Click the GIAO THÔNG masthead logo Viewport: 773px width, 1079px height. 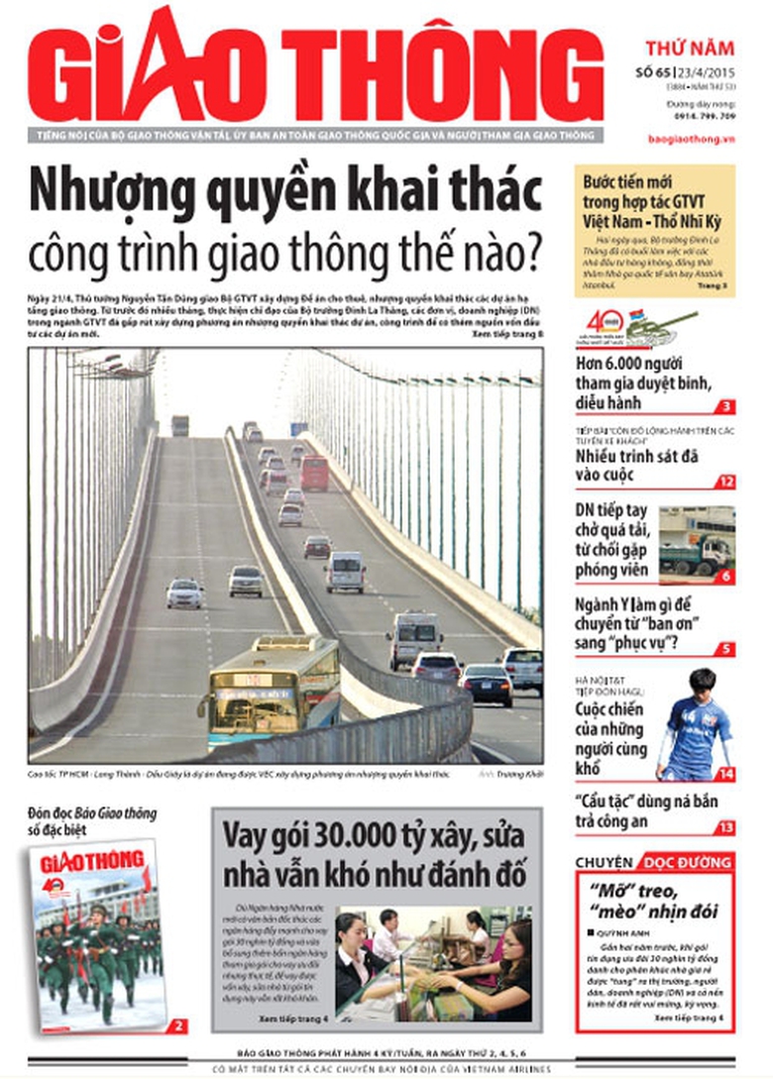coord(315,67)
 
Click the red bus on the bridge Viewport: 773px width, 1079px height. coord(314,473)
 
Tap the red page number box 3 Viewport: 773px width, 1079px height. coord(726,406)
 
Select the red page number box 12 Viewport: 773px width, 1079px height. coord(726,483)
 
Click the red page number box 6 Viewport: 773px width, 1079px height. coord(726,576)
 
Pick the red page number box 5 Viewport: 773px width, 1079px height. coord(726,649)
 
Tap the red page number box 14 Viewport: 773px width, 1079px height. coord(726,773)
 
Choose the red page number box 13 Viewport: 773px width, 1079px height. coord(726,827)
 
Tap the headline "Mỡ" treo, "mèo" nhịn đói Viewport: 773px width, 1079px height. coord(654,901)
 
